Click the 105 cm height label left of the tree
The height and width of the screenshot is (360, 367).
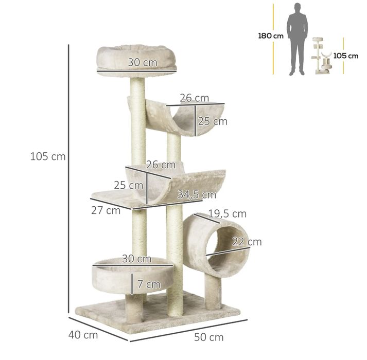click(48, 156)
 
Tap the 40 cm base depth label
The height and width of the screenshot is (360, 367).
click(83, 335)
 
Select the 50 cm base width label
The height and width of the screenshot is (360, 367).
click(209, 337)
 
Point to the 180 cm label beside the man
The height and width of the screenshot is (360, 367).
click(271, 36)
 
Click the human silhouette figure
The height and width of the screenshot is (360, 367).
click(298, 39)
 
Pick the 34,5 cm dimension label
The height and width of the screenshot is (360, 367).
click(197, 194)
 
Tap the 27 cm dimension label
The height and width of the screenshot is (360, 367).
click(106, 210)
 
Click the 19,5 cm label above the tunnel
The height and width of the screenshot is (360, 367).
click(228, 214)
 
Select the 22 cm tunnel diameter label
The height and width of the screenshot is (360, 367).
click(247, 242)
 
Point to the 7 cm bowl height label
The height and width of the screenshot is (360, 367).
click(149, 284)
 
